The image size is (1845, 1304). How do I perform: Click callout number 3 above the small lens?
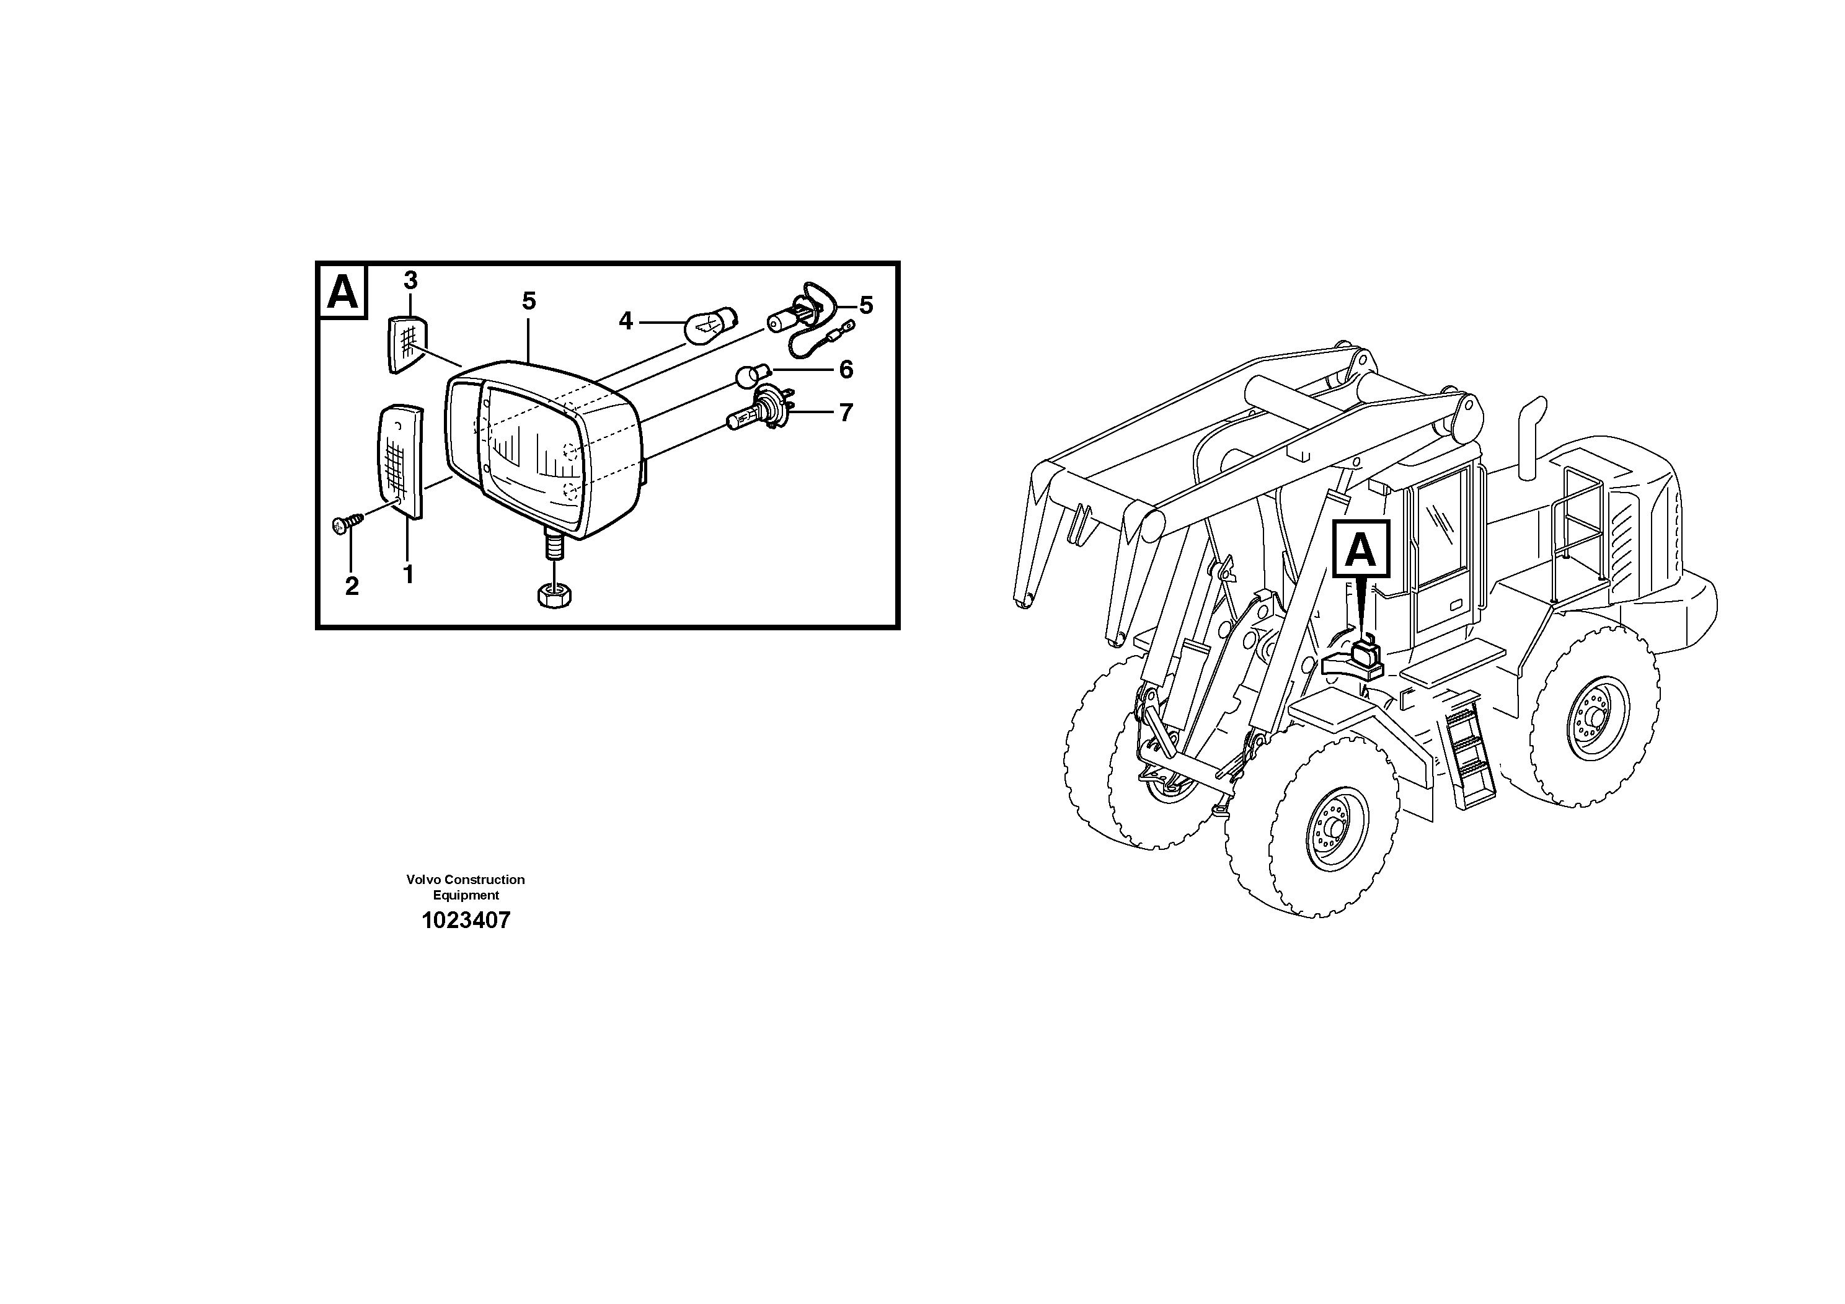(410, 280)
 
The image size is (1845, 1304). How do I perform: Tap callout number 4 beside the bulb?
(626, 321)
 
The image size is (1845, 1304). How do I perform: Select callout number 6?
(846, 370)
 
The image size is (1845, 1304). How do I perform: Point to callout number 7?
(846, 413)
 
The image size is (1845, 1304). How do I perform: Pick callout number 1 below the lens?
(408, 575)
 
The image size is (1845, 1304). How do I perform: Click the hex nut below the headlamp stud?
(554, 596)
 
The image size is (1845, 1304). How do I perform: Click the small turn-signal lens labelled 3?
(407, 344)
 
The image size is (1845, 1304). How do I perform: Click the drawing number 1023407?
(466, 921)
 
